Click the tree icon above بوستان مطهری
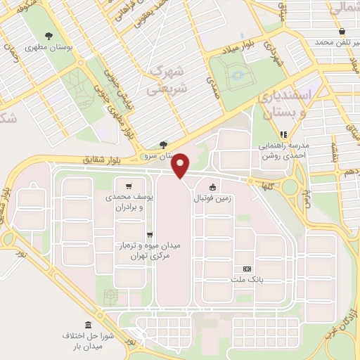(x=49, y=36)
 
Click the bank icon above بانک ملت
(x=247, y=269)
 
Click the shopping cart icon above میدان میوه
(x=149, y=235)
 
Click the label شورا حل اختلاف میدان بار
(x=88, y=342)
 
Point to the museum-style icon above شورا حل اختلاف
(x=88, y=325)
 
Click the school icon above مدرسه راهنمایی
(x=284, y=134)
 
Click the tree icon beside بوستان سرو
(x=164, y=145)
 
